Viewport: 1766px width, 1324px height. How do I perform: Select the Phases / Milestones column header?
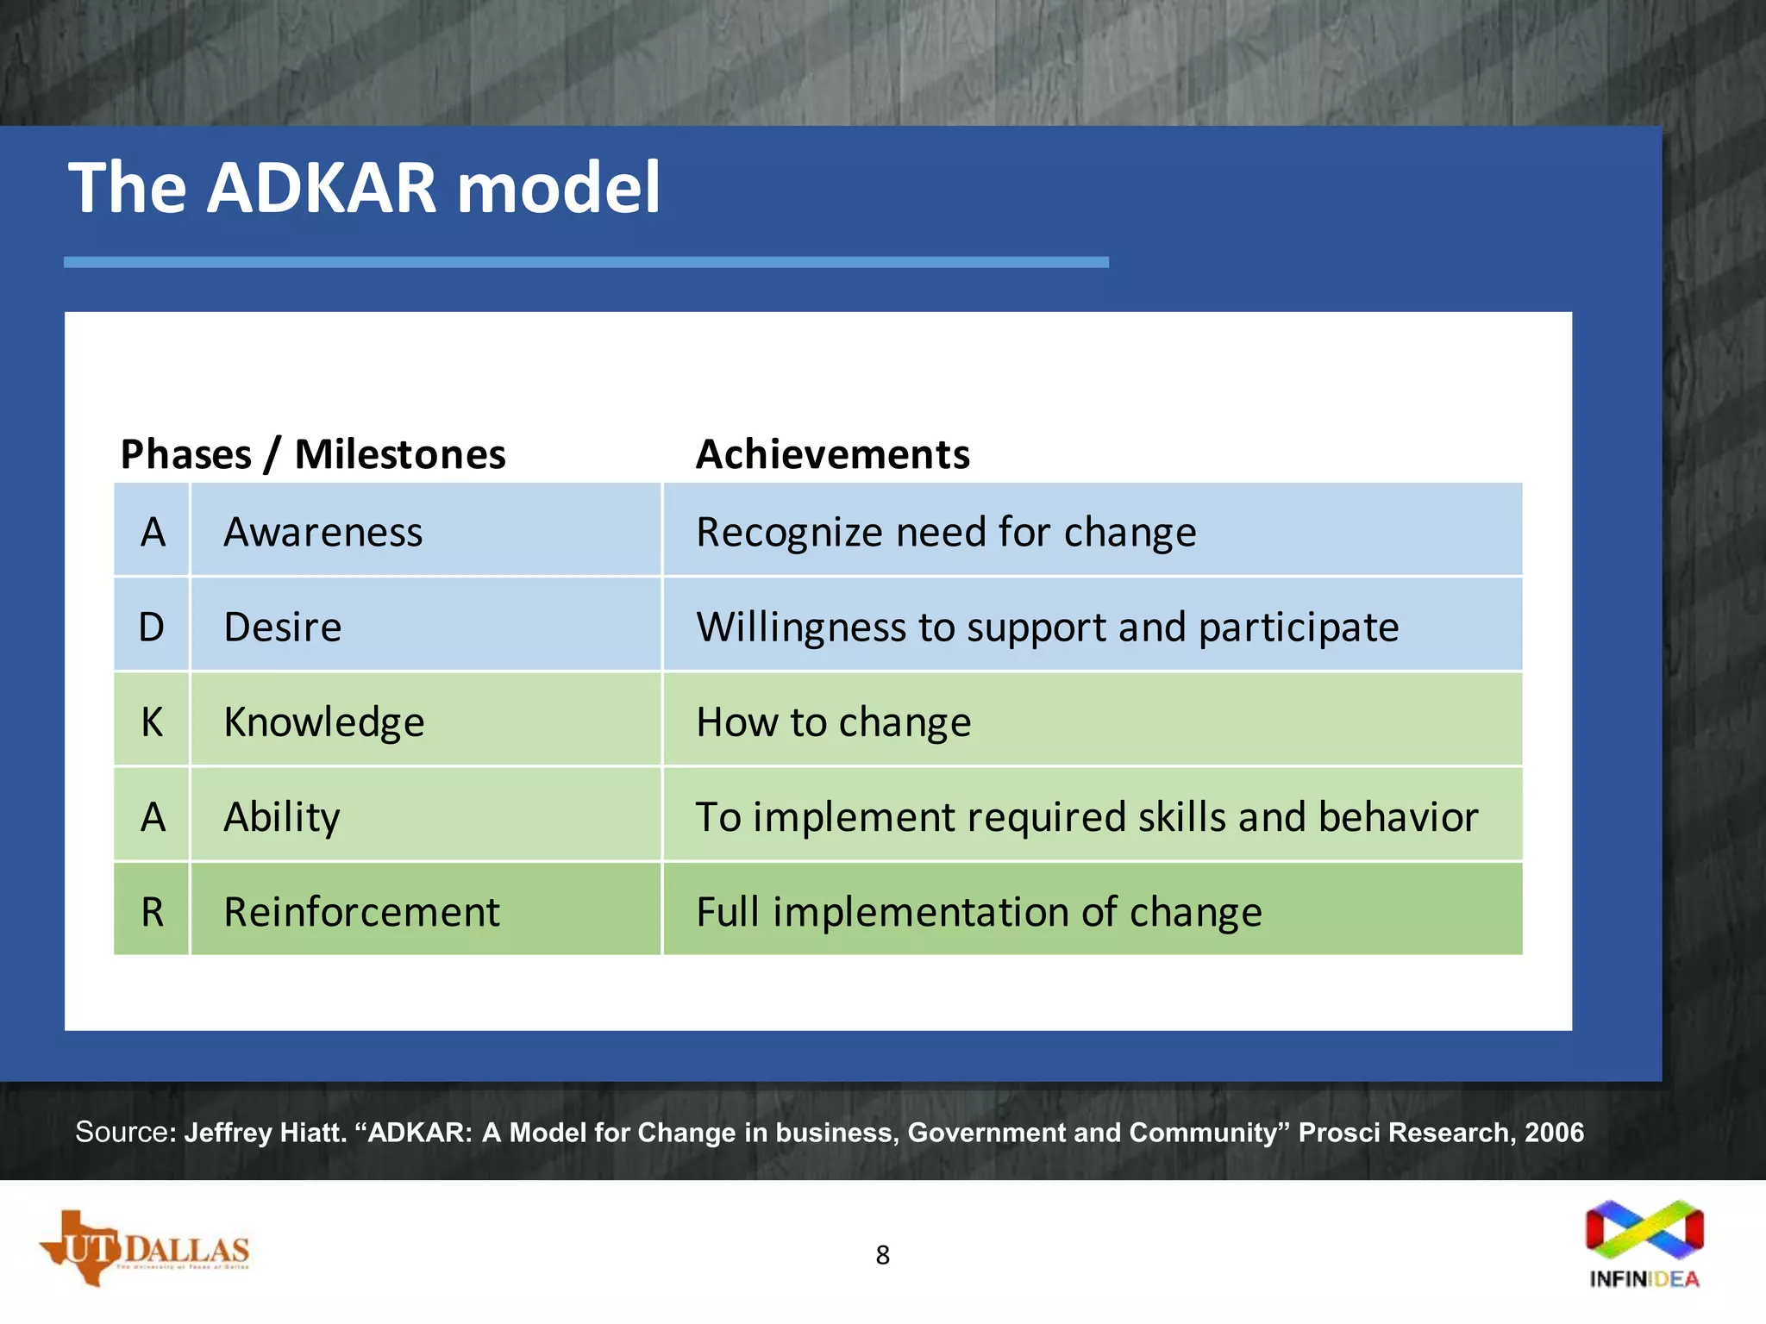[312, 454]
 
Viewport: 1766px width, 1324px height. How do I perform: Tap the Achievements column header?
[832, 454]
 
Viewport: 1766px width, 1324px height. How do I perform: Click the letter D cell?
[152, 627]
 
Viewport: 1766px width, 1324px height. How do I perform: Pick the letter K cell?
[152, 721]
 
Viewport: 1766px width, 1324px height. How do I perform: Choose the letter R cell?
[152, 911]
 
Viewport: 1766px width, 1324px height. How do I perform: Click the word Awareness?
[323, 532]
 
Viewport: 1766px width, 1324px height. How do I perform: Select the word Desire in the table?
[283, 627]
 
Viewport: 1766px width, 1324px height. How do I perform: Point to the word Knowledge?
[324, 721]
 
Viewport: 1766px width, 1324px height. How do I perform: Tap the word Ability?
[282, 816]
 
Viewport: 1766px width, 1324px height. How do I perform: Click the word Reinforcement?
[361, 911]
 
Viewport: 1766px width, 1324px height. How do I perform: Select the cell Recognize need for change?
[946, 532]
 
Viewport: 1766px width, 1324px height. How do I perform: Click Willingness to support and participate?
[1047, 627]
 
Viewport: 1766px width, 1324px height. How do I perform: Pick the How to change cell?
[833, 721]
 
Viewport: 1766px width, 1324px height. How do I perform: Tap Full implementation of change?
[979, 911]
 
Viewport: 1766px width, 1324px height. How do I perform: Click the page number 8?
[882, 1255]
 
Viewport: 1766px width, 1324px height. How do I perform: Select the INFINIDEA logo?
[1644, 1244]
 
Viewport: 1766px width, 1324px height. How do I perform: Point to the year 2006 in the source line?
[1554, 1132]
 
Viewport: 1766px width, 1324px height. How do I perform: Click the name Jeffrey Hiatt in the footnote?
[265, 1132]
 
